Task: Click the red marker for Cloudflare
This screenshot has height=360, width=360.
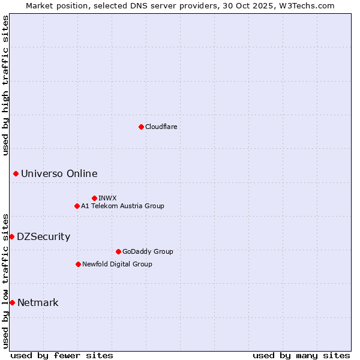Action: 141,127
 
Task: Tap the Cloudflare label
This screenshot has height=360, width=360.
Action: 161,127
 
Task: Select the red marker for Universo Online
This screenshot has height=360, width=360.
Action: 16,173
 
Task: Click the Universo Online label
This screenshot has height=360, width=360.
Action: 59,174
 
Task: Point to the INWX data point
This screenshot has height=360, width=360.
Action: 94,198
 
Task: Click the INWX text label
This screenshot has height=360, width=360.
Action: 107,198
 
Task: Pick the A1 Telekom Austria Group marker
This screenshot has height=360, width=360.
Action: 77,206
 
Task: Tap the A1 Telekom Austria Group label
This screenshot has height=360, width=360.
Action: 122,206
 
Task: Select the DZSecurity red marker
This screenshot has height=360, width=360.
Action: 11,236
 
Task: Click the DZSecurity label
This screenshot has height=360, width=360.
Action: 43,237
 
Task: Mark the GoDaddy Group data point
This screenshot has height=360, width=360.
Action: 118,251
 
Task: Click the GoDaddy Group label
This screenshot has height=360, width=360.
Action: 147,251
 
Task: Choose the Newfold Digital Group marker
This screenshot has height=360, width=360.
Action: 78,264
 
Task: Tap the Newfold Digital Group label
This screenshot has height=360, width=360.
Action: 117,264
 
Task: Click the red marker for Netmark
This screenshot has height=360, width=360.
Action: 12,302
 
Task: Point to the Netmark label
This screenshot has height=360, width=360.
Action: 38,303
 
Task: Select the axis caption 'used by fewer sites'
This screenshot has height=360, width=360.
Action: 62,355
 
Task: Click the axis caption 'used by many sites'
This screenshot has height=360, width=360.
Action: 301,355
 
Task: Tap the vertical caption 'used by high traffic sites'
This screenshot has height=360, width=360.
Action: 5,85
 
